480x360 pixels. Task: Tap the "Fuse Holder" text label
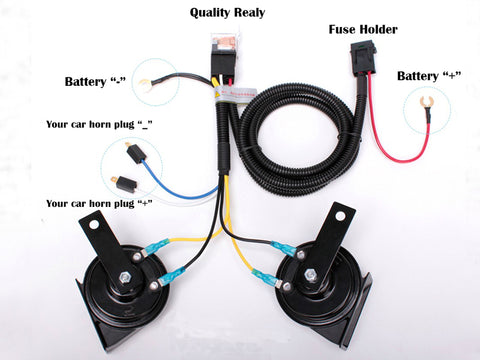pos(363,29)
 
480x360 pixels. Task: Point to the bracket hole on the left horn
pos(95,225)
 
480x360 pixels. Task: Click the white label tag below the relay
pos(232,101)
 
